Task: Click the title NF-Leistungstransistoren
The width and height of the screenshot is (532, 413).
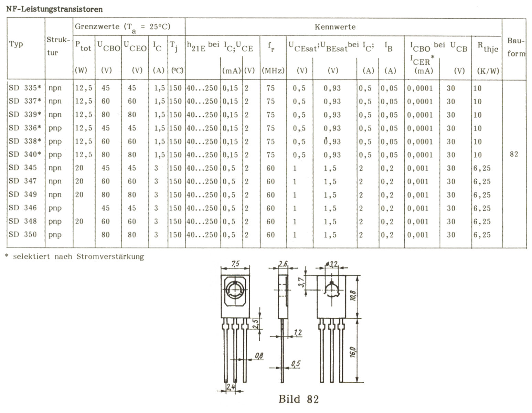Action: [54, 9]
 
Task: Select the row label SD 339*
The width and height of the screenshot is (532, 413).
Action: [25, 115]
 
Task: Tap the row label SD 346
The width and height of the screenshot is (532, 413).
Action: [23, 208]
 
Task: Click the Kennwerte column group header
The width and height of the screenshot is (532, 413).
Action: [335, 27]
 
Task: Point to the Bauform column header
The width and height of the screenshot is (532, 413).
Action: [515, 47]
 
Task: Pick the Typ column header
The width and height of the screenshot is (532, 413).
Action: [16, 44]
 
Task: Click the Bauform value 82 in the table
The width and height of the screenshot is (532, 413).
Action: [514, 154]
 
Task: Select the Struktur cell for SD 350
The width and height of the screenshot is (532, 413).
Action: [55, 235]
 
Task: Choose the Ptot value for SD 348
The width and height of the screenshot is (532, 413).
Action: [79, 221]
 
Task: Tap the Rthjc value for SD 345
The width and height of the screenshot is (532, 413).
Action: [482, 168]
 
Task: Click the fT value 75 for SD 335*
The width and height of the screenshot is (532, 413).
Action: [270, 88]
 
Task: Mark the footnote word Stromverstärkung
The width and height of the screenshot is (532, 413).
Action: [110, 256]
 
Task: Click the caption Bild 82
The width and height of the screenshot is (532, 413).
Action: [299, 399]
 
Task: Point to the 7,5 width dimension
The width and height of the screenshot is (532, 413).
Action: [235, 264]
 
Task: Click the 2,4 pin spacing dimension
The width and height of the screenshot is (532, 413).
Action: [230, 387]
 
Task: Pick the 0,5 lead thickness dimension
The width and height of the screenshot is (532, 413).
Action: [295, 363]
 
